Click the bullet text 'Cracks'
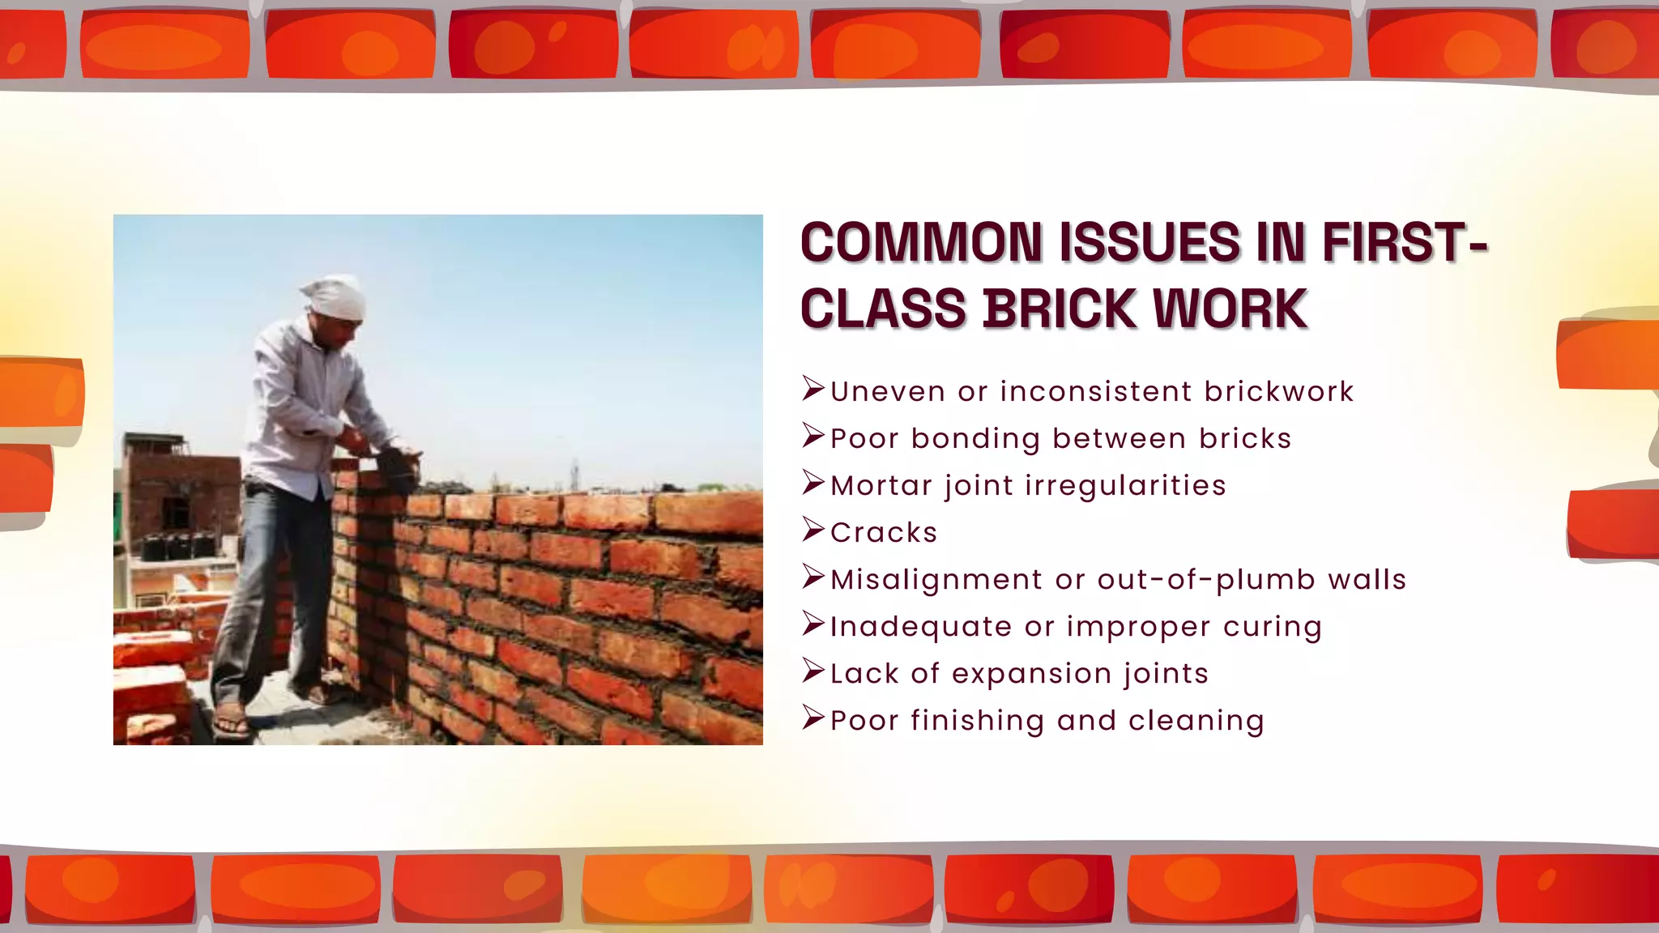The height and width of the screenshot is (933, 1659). tap(884, 533)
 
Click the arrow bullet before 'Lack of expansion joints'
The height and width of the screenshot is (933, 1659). tap(812, 671)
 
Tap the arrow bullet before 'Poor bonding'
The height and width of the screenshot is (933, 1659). tap(812, 437)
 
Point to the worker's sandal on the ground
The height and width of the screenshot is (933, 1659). tap(231, 720)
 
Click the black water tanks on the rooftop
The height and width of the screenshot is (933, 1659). tap(178, 546)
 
